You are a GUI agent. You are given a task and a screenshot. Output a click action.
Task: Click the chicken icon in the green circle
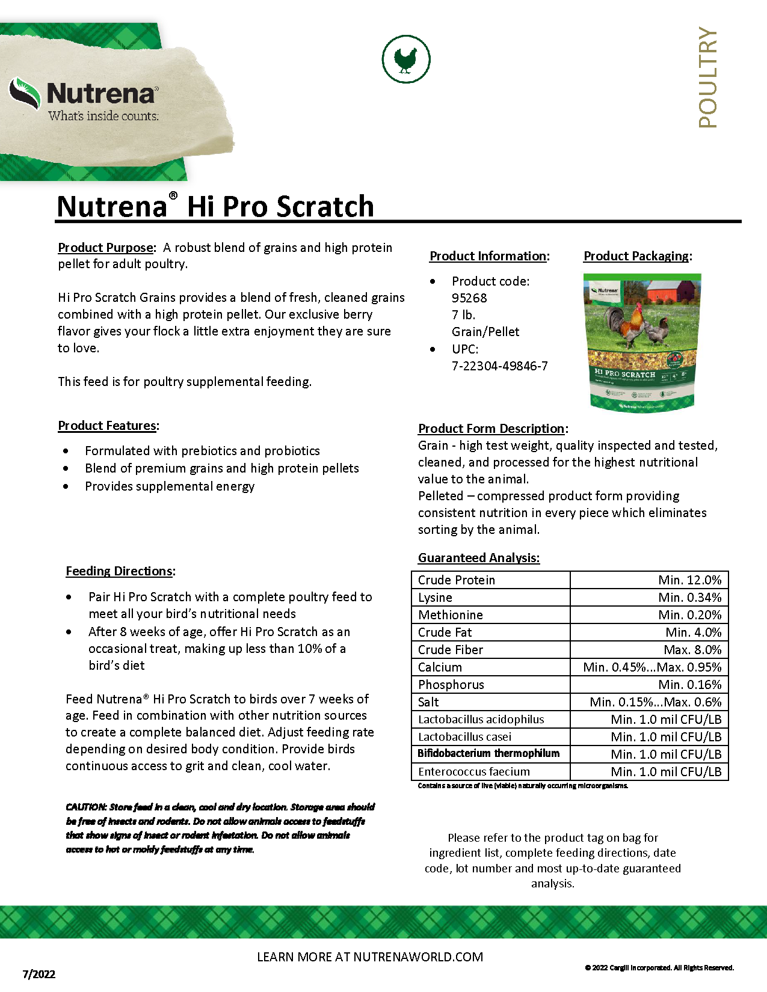click(x=406, y=59)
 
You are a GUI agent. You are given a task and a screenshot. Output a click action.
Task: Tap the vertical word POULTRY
click(x=708, y=77)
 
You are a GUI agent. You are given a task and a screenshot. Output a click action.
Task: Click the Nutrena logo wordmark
click(x=102, y=94)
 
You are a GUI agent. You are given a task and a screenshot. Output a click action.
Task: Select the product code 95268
click(x=469, y=298)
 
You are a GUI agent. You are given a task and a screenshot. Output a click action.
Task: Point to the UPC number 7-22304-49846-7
click(x=499, y=366)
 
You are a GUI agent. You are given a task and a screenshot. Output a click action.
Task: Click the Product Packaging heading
click(x=636, y=256)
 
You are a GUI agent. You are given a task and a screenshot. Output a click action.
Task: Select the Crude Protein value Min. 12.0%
click(x=689, y=580)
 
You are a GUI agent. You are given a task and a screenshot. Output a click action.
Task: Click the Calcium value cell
click(x=652, y=667)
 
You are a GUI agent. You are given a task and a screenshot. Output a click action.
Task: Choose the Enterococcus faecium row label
click(x=474, y=772)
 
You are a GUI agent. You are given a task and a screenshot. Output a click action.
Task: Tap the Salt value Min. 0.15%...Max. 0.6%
click(x=655, y=702)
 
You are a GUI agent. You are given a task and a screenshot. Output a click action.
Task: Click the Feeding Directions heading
click(x=119, y=571)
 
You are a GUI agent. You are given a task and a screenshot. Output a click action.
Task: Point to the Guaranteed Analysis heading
click(x=478, y=558)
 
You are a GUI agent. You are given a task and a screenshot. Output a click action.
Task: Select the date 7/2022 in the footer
click(x=39, y=975)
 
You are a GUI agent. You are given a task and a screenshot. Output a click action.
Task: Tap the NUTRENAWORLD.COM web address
click(x=418, y=957)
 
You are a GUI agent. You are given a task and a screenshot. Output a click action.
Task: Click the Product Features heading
click(x=107, y=426)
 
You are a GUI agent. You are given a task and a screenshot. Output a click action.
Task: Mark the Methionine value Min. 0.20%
click(x=689, y=615)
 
